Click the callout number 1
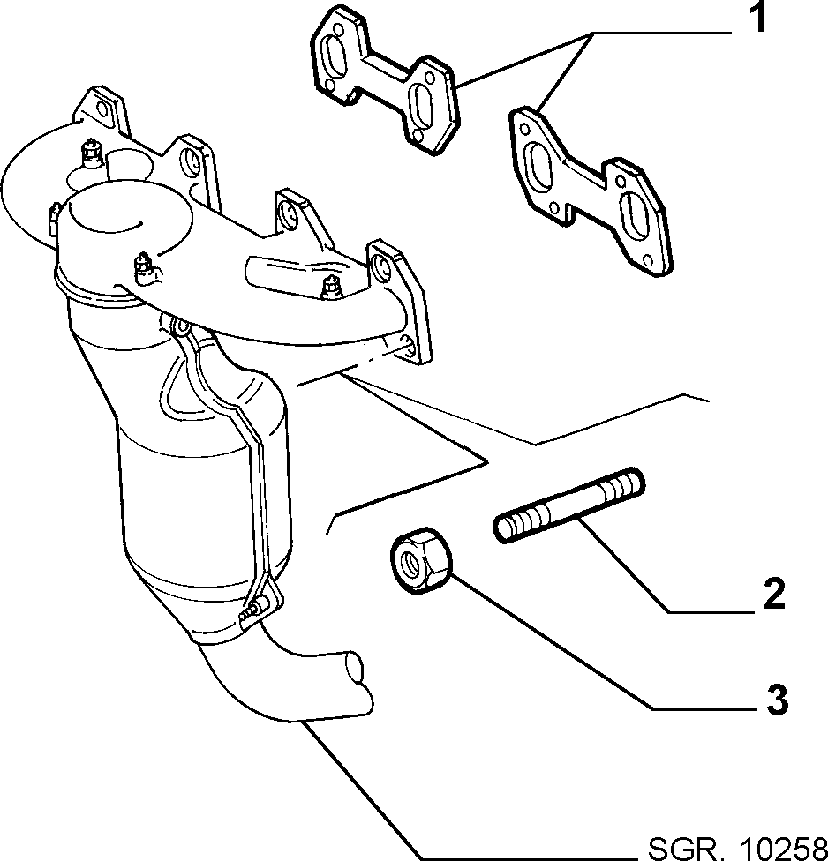pyautogui.click(x=759, y=18)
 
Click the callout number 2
pyautogui.click(x=774, y=593)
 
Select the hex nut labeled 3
pyautogui.click(x=421, y=560)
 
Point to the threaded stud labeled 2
pyautogui.click(x=569, y=505)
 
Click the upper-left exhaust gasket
pyautogui.click(x=385, y=79)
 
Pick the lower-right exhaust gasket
pyautogui.click(x=591, y=190)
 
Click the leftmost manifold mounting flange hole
pyautogui.click(x=102, y=109)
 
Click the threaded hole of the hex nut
pyautogui.click(x=412, y=564)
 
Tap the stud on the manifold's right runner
pyautogui.click(x=331, y=288)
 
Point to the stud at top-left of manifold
pyautogui.click(x=89, y=153)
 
